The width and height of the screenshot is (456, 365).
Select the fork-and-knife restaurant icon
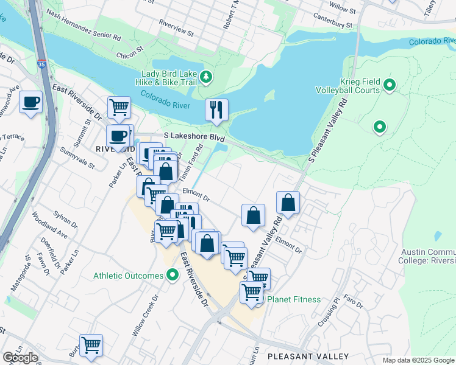216,109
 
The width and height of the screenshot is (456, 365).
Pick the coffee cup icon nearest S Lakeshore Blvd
118,135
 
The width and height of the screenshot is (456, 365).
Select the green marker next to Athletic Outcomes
173,276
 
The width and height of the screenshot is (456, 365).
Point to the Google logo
20,358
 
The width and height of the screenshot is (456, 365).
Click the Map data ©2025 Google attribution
418,360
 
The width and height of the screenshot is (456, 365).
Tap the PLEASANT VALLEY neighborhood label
308,356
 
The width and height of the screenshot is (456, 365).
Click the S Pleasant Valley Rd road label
327,133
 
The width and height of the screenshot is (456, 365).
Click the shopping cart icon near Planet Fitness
251,293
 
